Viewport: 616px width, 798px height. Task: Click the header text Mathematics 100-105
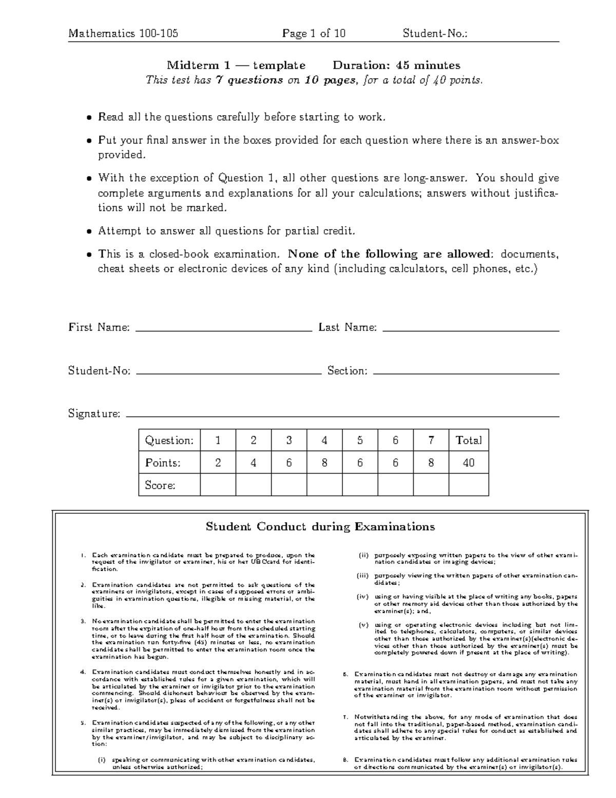(x=123, y=34)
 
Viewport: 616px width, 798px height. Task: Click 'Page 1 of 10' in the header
(x=314, y=34)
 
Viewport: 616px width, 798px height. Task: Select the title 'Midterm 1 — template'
(x=236, y=65)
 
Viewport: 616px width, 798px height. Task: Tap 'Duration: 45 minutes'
(x=396, y=65)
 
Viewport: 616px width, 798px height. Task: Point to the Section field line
(x=466, y=374)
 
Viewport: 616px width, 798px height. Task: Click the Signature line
(x=342, y=416)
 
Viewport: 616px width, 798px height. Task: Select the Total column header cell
(x=469, y=440)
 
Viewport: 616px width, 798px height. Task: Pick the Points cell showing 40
(x=469, y=463)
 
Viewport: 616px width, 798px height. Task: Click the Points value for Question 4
(x=324, y=463)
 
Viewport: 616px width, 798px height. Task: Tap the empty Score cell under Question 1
(x=218, y=485)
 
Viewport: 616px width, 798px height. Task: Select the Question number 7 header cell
(x=431, y=440)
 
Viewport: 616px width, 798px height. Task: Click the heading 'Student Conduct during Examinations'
(x=320, y=527)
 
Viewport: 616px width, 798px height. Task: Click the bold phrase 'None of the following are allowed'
(x=390, y=254)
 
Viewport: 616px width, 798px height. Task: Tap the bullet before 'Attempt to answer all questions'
(x=89, y=232)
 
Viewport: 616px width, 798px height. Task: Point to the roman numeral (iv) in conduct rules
(x=363, y=597)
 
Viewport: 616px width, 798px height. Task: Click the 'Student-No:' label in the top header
(x=435, y=34)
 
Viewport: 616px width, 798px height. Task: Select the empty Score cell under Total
(x=469, y=485)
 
